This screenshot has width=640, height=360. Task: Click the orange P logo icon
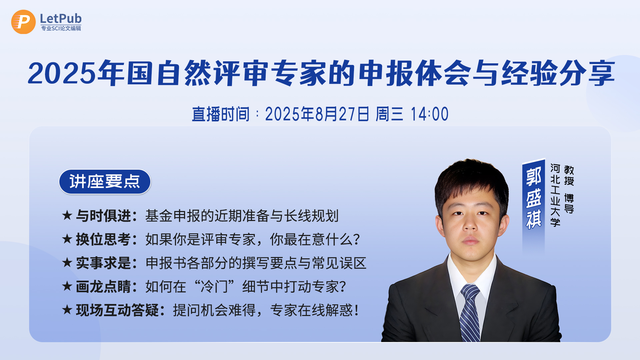click(x=23, y=22)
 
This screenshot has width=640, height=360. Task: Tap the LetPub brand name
click(x=61, y=18)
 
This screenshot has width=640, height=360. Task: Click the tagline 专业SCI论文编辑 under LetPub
click(x=61, y=28)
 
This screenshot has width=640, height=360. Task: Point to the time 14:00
click(x=429, y=114)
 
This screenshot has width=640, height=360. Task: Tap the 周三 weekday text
click(x=389, y=114)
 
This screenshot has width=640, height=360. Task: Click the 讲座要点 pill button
click(x=105, y=182)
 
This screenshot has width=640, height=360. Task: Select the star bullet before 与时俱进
click(x=67, y=215)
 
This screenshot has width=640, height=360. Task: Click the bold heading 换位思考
click(x=103, y=239)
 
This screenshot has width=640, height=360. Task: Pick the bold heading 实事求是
click(x=103, y=263)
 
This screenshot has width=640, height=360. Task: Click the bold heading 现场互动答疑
click(x=117, y=310)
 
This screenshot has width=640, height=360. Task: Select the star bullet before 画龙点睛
click(x=67, y=286)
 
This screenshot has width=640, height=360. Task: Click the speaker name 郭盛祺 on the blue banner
click(x=533, y=198)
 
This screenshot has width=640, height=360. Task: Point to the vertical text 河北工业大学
click(x=555, y=195)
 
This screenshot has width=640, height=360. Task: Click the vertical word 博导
click(x=569, y=203)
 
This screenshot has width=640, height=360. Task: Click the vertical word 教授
click(x=569, y=175)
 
